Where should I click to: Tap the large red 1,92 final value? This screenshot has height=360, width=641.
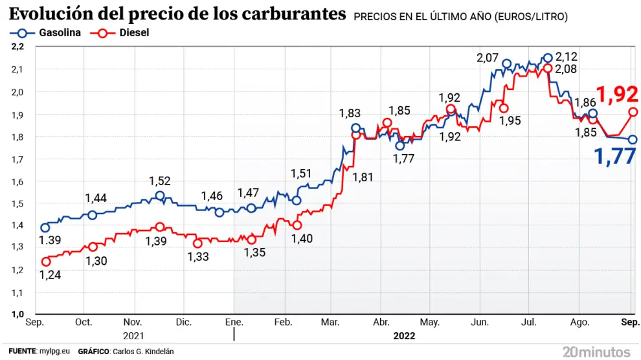(x=617, y=95)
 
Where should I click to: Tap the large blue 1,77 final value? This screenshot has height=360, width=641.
(x=615, y=156)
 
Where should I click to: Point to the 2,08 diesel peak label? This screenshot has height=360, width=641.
(x=567, y=69)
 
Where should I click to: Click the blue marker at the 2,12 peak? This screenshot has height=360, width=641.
(x=548, y=58)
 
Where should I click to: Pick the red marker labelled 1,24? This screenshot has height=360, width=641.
(x=45, y=262)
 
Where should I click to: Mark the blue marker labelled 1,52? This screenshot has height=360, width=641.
(x=160, y=196)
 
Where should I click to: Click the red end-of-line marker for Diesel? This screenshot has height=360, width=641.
(x=633, y=111)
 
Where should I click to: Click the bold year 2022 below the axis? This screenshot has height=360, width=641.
(x=404, y=336)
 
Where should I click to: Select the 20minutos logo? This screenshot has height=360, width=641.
(x=596, y=352)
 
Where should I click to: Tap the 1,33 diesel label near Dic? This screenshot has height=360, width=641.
(x=198, y=257)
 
